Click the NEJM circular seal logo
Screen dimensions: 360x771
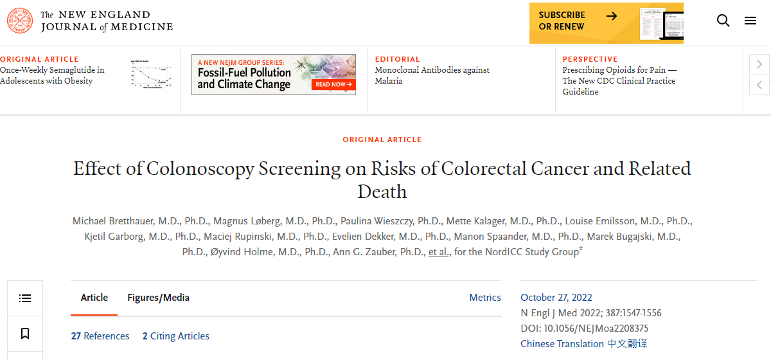coord(19,21)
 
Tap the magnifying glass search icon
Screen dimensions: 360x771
coord(723,21)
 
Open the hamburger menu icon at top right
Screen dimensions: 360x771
coord(750,21)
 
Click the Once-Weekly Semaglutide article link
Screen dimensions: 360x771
coord(52,75)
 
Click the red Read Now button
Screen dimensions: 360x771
coord(333,84)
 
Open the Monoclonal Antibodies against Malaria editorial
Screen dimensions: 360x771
coord(432,75)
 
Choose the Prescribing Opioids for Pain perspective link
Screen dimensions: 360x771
coord(619,80)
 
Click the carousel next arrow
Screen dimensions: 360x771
coord(759,64)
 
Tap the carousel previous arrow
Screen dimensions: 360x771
coord(759,85)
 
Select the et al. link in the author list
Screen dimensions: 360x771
coord(439,252)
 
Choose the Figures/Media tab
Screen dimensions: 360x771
coord(158,298)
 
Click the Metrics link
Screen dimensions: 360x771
coord(485,298)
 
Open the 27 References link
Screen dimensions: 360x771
coord(100,336)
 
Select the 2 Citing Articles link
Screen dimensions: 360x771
coord(175,336)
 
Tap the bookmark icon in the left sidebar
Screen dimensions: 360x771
coord(25,334)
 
